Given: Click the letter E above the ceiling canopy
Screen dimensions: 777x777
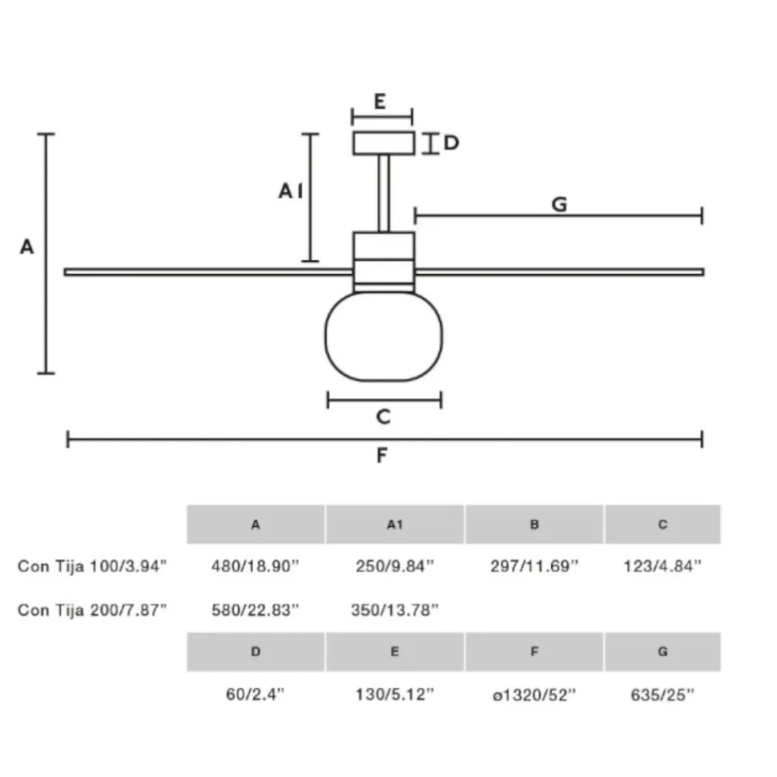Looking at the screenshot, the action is [380, 102].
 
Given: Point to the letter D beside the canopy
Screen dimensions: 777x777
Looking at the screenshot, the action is [451, 143].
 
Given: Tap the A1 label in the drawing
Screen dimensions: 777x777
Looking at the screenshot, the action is [291, 191].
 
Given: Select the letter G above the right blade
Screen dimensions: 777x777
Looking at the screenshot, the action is [559, 204].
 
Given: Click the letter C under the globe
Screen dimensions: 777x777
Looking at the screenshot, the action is [384, 417].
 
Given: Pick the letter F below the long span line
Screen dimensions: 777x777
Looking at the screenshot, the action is [381, 455].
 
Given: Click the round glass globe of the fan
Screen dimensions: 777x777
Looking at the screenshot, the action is [384, 337].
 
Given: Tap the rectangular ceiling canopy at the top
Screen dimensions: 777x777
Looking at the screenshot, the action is [384, 143].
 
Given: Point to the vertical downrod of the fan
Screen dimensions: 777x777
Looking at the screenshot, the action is [384, 193].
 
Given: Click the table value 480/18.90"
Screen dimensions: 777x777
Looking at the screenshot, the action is [256, 566].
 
